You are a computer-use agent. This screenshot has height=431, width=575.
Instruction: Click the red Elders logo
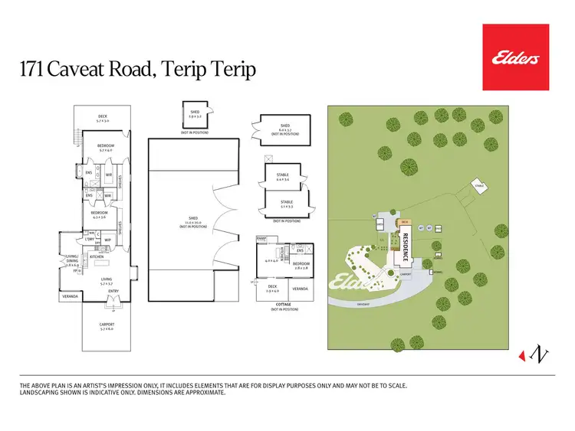(x=515, y=57)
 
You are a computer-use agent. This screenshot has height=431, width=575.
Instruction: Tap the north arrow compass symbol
(x=538, y=354)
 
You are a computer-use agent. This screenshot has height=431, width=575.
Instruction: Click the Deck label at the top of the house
(x=103, y=119)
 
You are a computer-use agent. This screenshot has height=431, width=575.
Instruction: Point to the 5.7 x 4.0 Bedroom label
(x=104, y=147)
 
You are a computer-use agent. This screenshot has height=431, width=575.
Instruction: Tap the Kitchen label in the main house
(x=97, y=256)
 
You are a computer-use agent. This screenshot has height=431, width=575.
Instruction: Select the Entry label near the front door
(x=113, y=291)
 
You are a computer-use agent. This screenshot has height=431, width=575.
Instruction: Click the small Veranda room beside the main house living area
(x=71, y=295)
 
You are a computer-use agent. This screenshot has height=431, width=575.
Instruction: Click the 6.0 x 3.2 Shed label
(x=284, y=127)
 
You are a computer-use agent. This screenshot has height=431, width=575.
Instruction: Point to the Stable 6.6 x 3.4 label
(x=283, y=177)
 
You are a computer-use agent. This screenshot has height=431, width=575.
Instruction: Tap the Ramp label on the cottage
(x=261, y=239)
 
